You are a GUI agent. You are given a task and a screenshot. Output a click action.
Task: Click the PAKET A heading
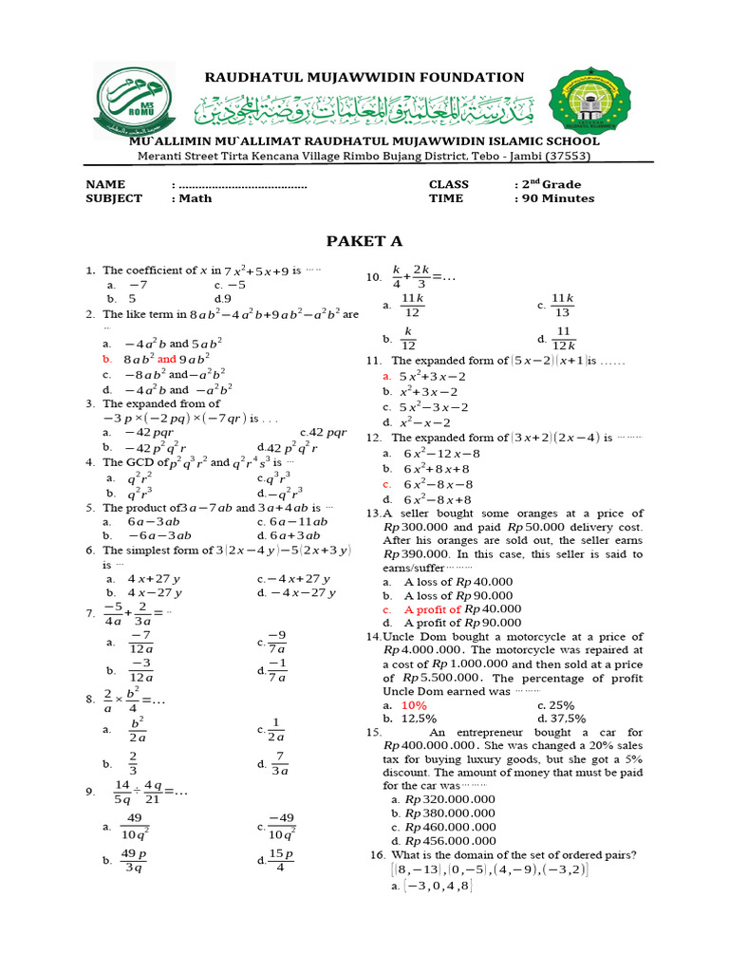[x=364, y=240]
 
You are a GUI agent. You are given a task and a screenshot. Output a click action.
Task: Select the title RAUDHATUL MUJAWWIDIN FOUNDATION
[x=364, y=77]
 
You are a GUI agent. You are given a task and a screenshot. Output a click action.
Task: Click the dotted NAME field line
[x=241, y=184]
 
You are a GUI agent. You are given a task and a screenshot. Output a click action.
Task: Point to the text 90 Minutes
[x=557, y=198]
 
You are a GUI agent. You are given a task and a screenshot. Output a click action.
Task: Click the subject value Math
[x=195, y=198]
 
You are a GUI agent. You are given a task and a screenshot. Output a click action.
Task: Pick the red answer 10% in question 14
[x=414, y=705]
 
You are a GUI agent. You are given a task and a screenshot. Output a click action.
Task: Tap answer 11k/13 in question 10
[x=562, y=305]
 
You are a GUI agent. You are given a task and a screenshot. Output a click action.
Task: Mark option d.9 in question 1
[x=223, y=298]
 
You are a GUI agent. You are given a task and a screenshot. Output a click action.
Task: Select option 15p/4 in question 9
[x=281, y=860]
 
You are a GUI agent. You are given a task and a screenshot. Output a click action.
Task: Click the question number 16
[x=376, y=854]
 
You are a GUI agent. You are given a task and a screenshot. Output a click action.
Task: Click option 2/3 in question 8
[x=133, y=763]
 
